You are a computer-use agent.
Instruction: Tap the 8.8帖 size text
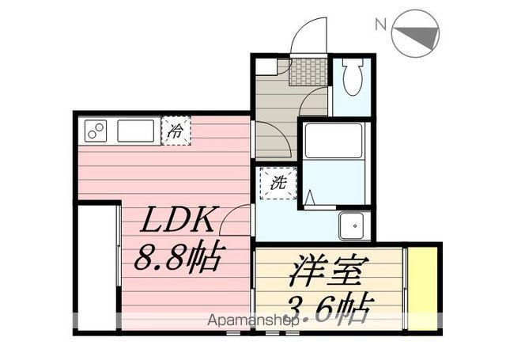[179, 256]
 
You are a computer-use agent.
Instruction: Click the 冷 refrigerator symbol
[176, 131]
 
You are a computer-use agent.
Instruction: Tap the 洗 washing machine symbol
[278, 183]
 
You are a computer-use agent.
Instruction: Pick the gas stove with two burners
[96, 131]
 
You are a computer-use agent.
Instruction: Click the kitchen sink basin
[135, 131]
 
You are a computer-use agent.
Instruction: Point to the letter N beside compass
[381, 25]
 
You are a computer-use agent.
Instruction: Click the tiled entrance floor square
[308, 71]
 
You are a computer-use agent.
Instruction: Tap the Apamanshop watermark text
[252, 320]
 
